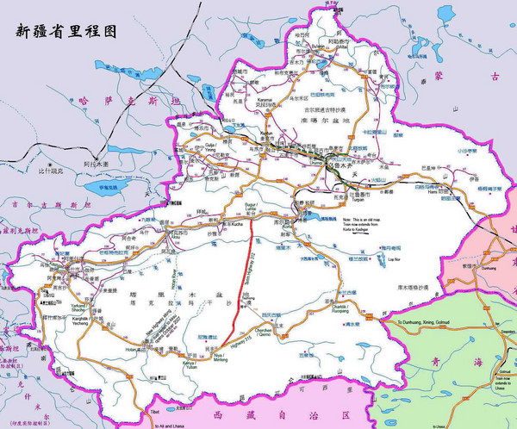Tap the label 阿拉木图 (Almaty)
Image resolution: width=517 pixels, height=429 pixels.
coord(88,161)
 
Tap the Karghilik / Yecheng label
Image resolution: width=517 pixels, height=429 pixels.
coord(78,308)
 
